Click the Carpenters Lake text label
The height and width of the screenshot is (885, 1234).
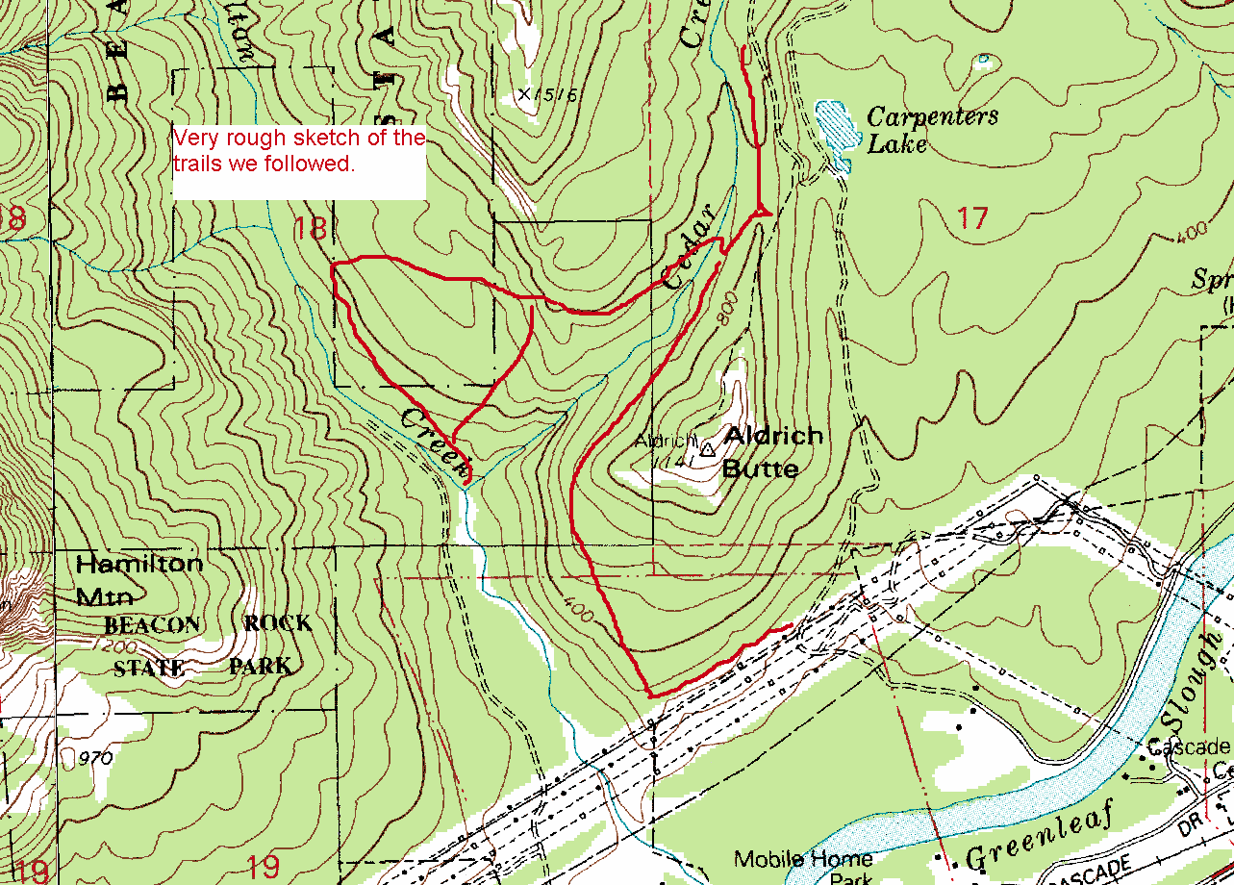pos(931,130)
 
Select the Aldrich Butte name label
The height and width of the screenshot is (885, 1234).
pos(772,451)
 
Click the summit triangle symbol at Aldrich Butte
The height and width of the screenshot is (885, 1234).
pos(708,448)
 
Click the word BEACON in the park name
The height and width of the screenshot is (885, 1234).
pos(152,624)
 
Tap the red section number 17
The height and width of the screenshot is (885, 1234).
pos(972,219)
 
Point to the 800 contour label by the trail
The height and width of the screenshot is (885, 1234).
pos(726,311)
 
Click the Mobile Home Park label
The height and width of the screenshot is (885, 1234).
pos(803,866)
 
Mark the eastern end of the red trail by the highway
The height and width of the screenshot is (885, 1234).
pos(790,625)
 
